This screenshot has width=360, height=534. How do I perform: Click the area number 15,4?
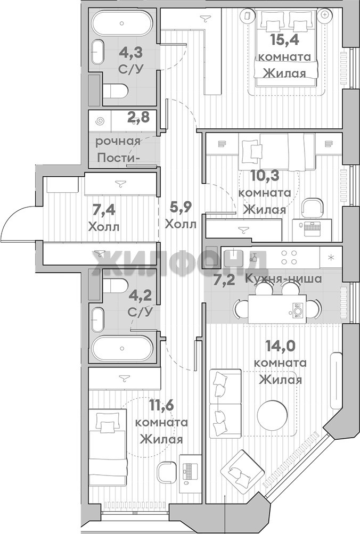pyautogui.click(x=284, y=40)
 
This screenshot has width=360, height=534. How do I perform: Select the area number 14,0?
pyautogui.click(x=281, y=346)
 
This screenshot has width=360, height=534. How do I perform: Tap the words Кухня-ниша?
pyautogui.click(x=283, y=279)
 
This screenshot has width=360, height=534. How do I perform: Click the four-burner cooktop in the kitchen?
pyautogui.click(x=288, y=257)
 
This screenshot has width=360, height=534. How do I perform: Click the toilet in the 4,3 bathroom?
pyautogui.click(x=115, y=91)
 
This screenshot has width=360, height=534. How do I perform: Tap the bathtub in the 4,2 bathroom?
pyautogui.click(x=122, y=348)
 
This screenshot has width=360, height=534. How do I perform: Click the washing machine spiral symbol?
pyautogui.click(x=100, y=121)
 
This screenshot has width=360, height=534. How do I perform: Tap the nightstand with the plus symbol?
pyautogui.click(x=325, y=15)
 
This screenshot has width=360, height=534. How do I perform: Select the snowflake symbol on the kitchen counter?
pyautogui.click(x=330, y=257)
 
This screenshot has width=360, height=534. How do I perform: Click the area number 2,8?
pyautogui.click(x=138, y=118)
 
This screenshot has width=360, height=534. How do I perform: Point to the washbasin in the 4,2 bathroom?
pyautogui.click(x=97, y=320)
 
